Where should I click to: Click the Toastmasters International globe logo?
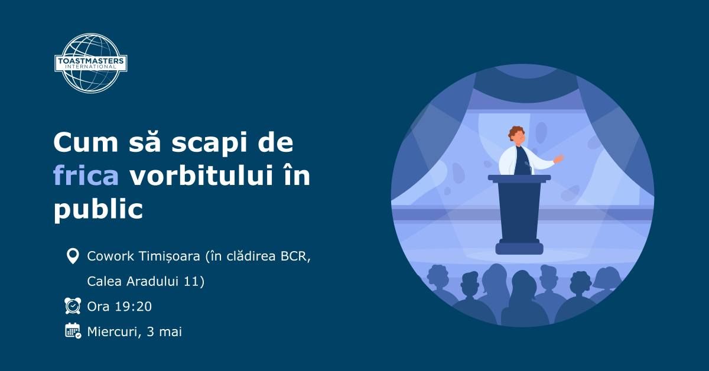click(x=90, y=63)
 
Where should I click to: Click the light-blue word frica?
click(x=86, y=176)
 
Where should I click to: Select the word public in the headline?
click(x=98, y=210)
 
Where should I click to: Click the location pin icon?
click(x=72, y=256)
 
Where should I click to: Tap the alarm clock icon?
click(x=72, y=306)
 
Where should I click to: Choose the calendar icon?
click(x=72, y=331)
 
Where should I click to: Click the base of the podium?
click(x=519, y=248)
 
